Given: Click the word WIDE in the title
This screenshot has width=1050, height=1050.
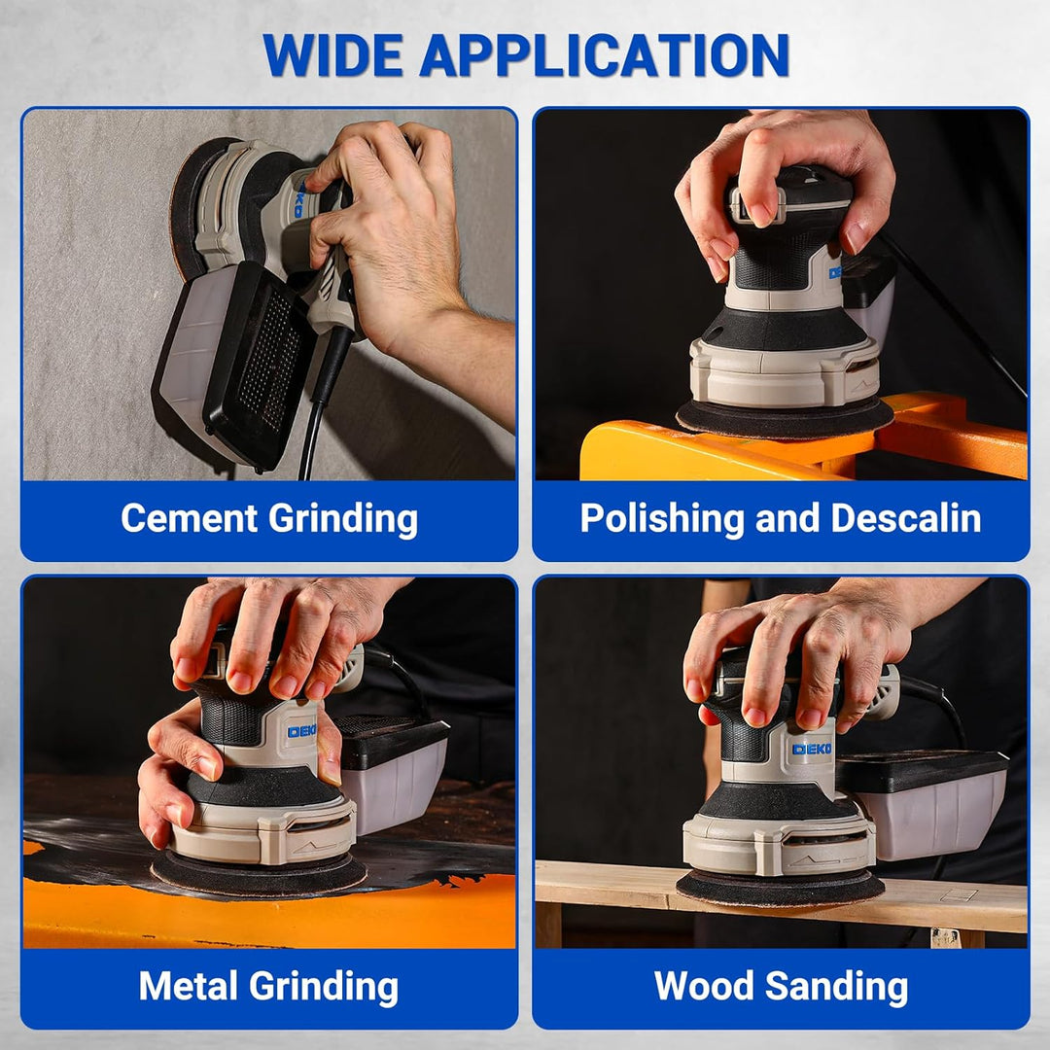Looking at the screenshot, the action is click(x=333, y=54).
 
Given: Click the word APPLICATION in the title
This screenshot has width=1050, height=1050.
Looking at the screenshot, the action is click(x=605, y=54).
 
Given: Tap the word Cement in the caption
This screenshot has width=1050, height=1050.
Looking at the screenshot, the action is click(x=190, y=517).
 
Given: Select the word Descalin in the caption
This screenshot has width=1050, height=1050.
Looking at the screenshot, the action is click(x=906, y=517).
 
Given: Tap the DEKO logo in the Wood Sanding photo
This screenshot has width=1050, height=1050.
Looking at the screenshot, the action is click(x=812, y=749).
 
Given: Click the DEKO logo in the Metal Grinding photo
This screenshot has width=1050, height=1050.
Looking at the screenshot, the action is click(x=302, y=731).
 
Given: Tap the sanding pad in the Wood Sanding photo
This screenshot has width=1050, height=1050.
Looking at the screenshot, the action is click(x=780, y=888).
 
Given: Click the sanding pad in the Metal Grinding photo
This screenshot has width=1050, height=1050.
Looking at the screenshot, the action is click(x=259, y=874).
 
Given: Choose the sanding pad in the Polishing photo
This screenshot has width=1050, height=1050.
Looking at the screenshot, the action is click(x=785, y=416).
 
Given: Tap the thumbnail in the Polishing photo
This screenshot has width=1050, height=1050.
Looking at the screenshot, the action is click(x=760, y=214).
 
